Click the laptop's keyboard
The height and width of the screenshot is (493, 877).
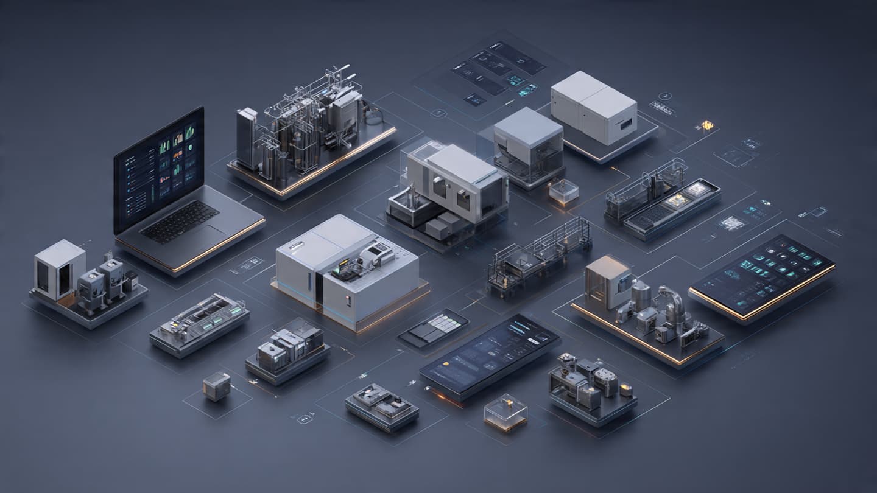tap(179, 221)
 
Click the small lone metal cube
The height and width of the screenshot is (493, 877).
tap(217, 386)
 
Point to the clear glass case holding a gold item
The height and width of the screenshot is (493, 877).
tap(505, 412)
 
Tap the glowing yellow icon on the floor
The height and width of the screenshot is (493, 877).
tap(706, 125)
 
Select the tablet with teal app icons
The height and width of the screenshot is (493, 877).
tap(761, 274)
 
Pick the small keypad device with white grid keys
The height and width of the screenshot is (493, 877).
tap(434, 328)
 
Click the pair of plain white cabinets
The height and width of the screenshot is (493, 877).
tap(593, 108)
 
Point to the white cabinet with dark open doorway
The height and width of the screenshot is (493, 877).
tap(59, 269)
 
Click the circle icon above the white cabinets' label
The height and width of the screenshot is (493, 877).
tap(665, 96)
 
